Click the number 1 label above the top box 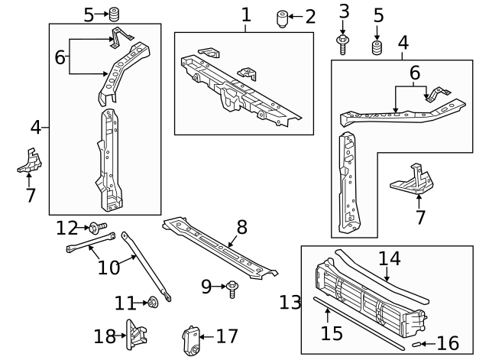pos(245,15)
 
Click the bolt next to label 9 pos(232,288)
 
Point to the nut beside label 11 pos(152,303)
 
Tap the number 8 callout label pos(241,227)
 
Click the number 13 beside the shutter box pos(289,303)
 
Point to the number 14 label pos(389,258)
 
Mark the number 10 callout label pos(109,267)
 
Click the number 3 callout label pos(343,11)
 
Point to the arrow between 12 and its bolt pos(85,228)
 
